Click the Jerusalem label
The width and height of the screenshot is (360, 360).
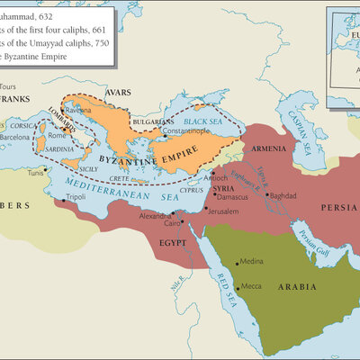tap(225, 210)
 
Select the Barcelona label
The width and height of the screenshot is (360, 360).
tap(15, 138)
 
